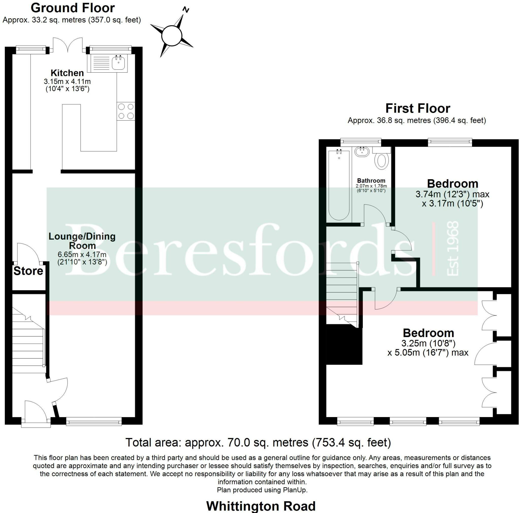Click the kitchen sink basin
(118, 63)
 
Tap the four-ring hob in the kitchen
(126, 111)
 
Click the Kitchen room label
(67, 73)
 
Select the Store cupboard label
(28, 271)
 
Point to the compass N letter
(186, 10)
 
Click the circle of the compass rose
(171, 36)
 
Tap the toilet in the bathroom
(381, 161)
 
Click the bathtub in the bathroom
(339, 186)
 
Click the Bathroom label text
(371, 180)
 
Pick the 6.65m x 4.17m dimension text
(82, 254)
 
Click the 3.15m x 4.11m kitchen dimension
(67, 81)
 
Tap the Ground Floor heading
(73, 8)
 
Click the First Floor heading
(418, 108)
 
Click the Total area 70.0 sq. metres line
(258, 442)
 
